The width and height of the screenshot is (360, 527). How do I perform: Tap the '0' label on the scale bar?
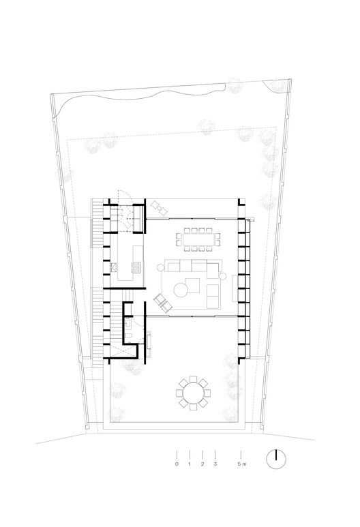click(x=177, y=464)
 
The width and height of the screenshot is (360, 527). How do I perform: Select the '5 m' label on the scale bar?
click(x=241, y=464)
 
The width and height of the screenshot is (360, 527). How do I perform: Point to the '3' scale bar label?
click(x=215, y=464)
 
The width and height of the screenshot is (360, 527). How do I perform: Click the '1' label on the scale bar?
click(x=190, y=464)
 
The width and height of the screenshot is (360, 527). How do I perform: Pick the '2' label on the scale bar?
click(x=202, y=464)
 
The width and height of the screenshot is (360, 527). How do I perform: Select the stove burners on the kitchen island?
click(x=134, y=265)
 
